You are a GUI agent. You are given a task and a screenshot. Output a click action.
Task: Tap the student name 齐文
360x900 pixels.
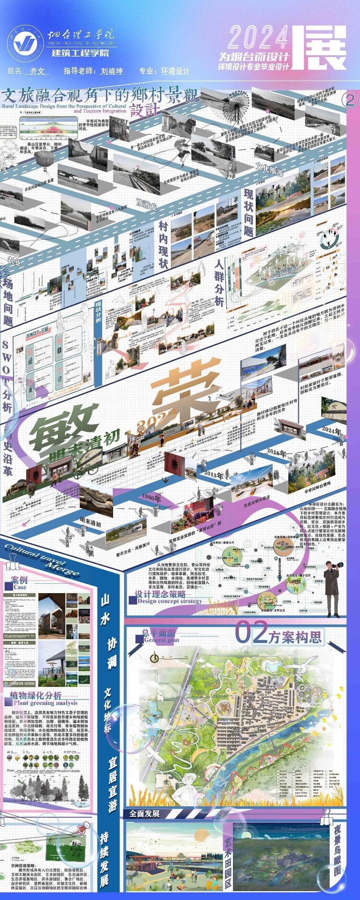point(37,71)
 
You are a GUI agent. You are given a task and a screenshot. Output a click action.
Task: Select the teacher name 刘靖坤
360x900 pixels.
point(111,71)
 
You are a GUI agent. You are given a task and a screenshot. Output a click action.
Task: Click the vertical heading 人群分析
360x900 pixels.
point(219,283)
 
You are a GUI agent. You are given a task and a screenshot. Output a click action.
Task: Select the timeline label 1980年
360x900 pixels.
point(152,498)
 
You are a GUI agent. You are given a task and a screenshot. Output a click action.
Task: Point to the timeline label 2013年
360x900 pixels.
point(214,475)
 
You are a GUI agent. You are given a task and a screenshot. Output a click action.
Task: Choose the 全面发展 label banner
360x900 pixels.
point(145,813)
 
